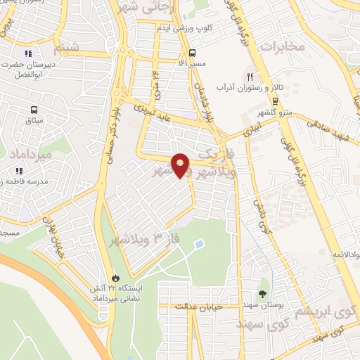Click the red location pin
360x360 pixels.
coord(181,165)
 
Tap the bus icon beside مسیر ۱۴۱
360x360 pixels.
coord(193,53)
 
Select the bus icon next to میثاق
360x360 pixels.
coord(33,110)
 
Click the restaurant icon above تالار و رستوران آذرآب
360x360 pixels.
coord(248,77)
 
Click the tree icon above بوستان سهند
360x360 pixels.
coord(263,295)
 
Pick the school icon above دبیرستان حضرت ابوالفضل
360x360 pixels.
coord(28,54)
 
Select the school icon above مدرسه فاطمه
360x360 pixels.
coord(20,171)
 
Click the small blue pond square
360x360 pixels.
coord(198,244)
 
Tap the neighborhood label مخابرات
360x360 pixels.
coord(284,46)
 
